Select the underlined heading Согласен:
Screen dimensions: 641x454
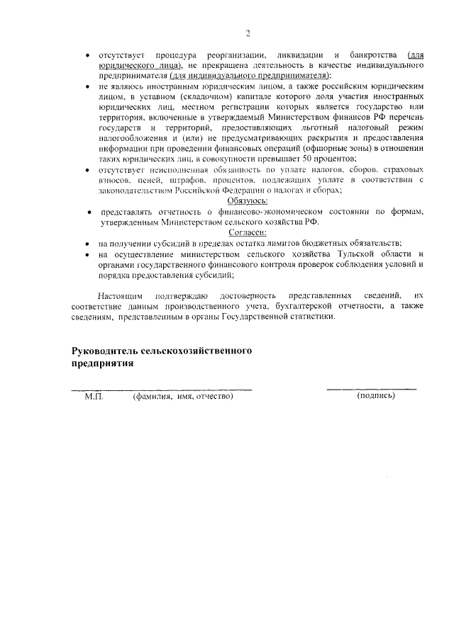[x=248, y=232]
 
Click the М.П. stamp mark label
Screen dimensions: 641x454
[x=94, y=396]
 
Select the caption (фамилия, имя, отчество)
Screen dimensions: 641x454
[x=183, y=396]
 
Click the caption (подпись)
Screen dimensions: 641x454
[x=377, y=396]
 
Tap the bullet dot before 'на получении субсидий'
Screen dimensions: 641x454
[x=87, y=243]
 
